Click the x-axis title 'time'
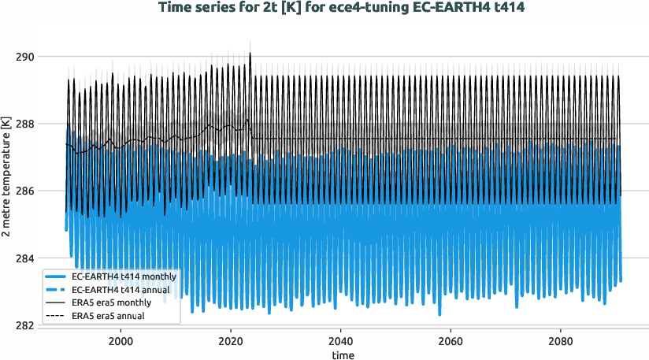point(343,354)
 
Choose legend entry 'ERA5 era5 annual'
point(109,316)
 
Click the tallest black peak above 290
point(250,54)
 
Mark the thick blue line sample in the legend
point(56,277)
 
